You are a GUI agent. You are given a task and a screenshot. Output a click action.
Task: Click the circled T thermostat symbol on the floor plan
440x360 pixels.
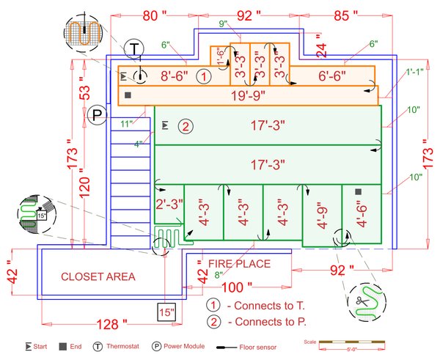[x=135, y=49]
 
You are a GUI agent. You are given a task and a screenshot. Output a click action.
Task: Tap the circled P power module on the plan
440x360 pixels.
[x=97, y=114]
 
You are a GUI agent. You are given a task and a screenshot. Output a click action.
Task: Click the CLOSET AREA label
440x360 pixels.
[x=98, y=276]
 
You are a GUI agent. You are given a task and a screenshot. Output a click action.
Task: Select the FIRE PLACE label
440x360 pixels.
[x=239, y=264]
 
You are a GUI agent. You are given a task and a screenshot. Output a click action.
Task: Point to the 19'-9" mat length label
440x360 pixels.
[x=247, y=95]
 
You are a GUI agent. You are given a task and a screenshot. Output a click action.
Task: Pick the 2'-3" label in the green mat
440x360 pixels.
[x=168, y=205]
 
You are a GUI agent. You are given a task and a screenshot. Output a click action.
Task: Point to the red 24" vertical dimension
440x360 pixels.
[x=320, y=48]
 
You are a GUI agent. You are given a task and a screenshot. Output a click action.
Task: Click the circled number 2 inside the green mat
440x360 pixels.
[x=186, y=126]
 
